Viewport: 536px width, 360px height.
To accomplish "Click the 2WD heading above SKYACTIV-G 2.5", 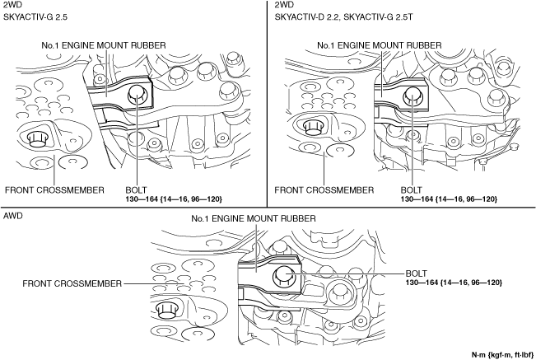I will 13,6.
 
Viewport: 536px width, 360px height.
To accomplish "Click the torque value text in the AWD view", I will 454,283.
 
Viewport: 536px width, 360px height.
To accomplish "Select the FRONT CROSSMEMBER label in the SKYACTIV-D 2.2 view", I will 324,189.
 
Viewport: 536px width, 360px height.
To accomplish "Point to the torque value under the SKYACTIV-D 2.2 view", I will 448,199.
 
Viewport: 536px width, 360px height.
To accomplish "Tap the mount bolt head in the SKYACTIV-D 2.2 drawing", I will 411,97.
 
